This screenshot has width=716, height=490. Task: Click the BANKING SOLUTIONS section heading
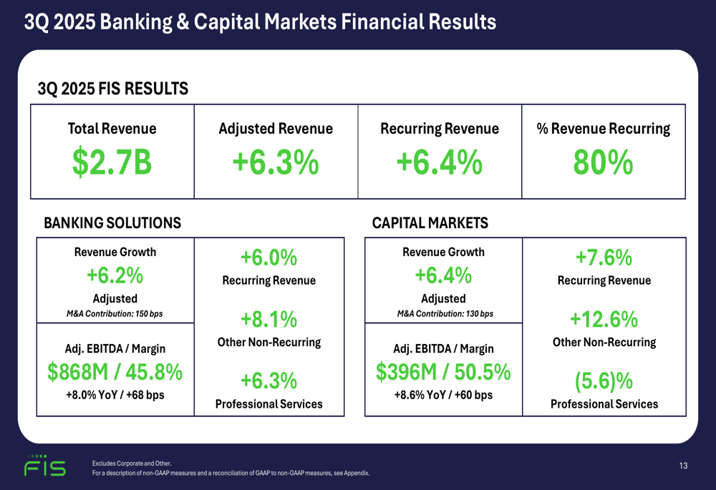112,223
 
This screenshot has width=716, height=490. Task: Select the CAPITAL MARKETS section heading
430,223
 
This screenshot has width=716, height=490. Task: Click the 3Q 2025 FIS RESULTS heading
112,89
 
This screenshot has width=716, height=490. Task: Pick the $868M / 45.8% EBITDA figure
115,372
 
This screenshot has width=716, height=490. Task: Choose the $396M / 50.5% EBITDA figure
443,372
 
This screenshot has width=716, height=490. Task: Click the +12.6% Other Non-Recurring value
604,318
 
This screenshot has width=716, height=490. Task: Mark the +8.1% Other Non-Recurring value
268,318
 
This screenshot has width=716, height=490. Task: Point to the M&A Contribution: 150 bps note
115,313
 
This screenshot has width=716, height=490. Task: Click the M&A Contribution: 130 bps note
444,313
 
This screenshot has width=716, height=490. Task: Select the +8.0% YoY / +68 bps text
115,394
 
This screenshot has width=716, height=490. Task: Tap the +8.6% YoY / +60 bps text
443,394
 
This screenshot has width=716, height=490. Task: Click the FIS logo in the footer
45,466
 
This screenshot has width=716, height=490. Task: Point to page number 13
683,466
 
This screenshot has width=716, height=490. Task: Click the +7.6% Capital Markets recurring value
604,258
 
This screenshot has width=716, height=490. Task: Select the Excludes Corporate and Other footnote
132,464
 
